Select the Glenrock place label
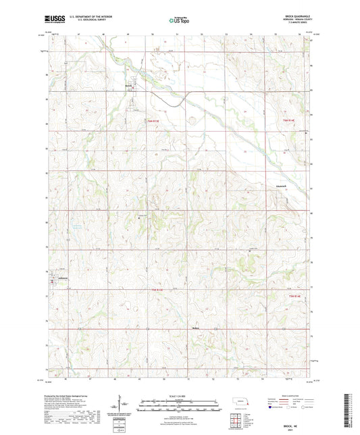click(282, 184)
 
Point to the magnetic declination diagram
click(122, 405)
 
